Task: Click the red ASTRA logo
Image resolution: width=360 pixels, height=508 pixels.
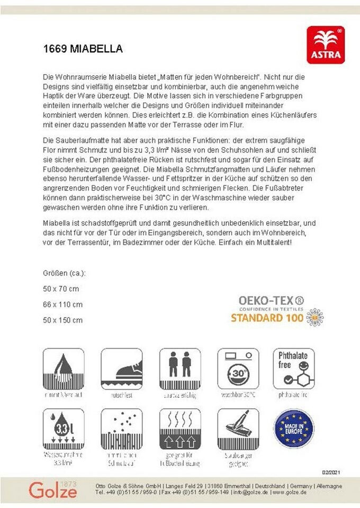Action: coord(326,45)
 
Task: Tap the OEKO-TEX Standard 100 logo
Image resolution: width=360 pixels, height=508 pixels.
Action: coord(277,310)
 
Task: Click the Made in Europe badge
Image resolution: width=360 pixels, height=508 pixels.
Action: coord(293,428)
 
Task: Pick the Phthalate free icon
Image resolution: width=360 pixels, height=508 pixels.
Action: coord(293,368)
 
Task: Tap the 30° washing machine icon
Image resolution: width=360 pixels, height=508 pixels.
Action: coord(238,369)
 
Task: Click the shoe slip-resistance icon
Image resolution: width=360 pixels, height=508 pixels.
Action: coord(121,369)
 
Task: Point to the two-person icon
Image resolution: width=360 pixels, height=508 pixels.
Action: coord(179,369)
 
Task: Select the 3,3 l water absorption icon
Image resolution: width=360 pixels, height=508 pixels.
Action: coord(63,429)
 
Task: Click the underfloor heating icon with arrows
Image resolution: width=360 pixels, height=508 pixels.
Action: coord(179,429)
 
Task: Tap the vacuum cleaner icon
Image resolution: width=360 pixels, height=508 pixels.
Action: coord(238,429)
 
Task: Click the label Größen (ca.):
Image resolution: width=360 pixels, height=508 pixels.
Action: coord(64,273)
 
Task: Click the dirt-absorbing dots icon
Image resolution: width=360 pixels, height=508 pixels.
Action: coord(121,429)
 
